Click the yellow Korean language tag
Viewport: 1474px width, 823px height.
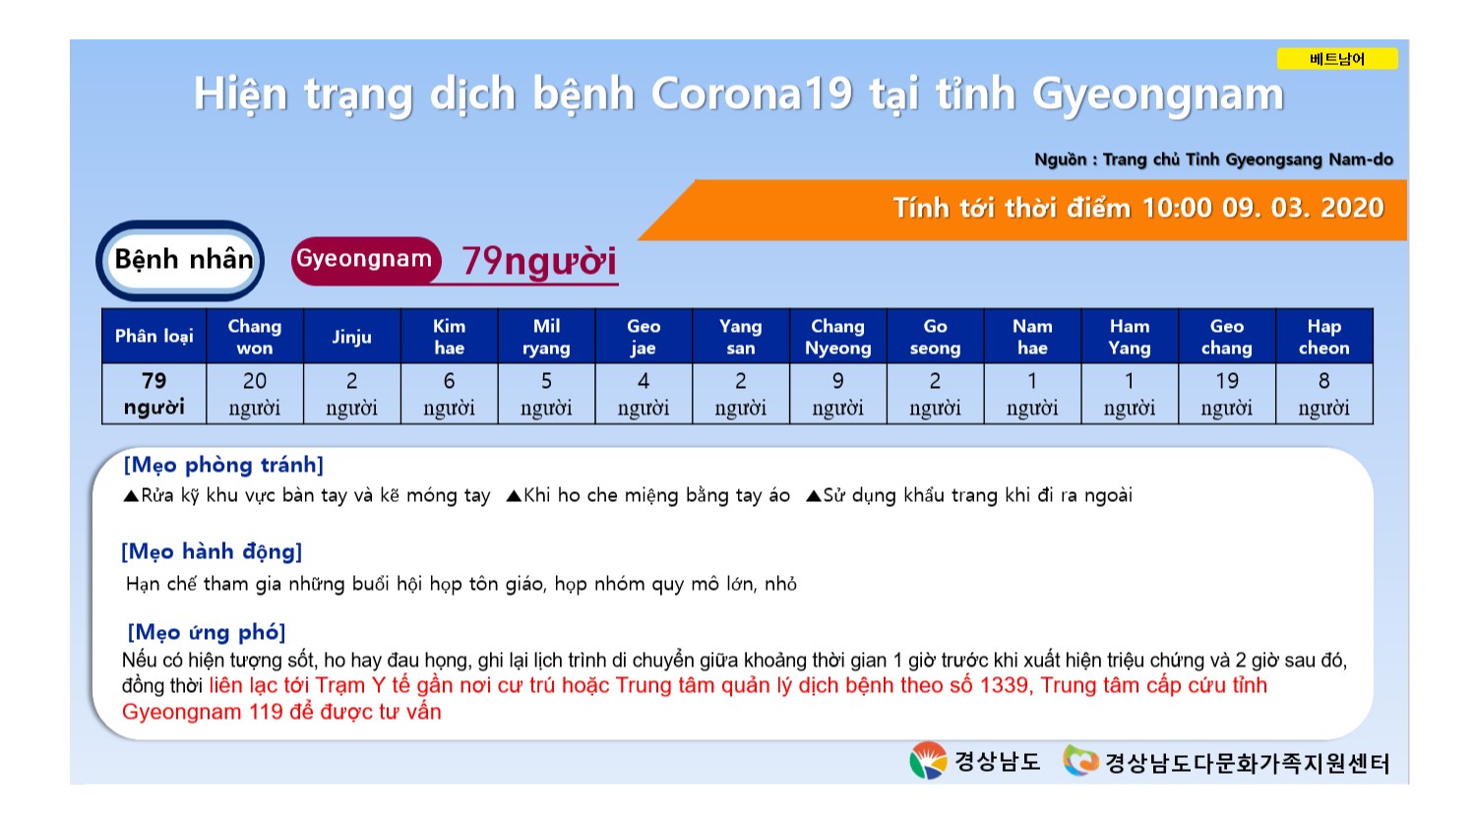[x=1337, y=59]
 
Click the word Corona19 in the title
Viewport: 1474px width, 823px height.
[x=752, y=94]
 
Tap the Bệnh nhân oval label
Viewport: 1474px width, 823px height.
[x=180, y=260]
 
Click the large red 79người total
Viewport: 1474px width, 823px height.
[x=539, y=261]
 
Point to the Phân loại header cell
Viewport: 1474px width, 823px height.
[x=154, y=336]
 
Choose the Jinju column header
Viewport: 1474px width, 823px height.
[x=352, y=336]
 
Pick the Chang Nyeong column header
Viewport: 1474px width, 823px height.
[x=837, y=336]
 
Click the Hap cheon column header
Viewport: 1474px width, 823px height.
[x=1324, y=336]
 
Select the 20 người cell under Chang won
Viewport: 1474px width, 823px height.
[x=255, y=394]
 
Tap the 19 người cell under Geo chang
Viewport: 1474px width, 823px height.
[x=1227, y=394]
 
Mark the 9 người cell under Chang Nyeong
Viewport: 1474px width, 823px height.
[x=837, y=394]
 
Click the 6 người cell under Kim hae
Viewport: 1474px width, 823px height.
[x=449, y=394]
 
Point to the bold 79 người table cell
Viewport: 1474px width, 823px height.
[x=154, y=394]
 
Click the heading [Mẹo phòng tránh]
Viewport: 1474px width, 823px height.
[x=223, y=465]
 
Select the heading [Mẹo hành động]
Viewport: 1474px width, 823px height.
[x=212, y=551]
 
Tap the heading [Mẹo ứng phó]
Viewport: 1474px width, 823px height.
[x=206, y=632]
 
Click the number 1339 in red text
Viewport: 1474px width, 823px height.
[x=1005, y=685]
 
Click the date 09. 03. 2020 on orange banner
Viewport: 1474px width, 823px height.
[x=1303, y=208]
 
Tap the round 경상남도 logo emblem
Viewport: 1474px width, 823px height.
[x=928, y=760]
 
